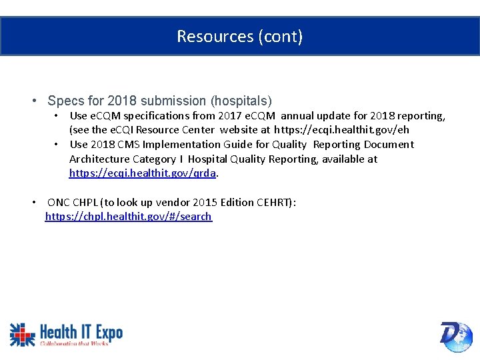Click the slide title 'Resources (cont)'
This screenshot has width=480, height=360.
(x=239, y=36)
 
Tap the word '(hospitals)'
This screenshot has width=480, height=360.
(x=241, y=101)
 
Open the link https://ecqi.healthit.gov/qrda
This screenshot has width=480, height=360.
(x=143, y=173)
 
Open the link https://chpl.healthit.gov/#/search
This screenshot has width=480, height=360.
(x=128, y=217)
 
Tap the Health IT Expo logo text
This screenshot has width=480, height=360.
(x=81, y=332)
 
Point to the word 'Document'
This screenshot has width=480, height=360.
(x=389, y=145)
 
